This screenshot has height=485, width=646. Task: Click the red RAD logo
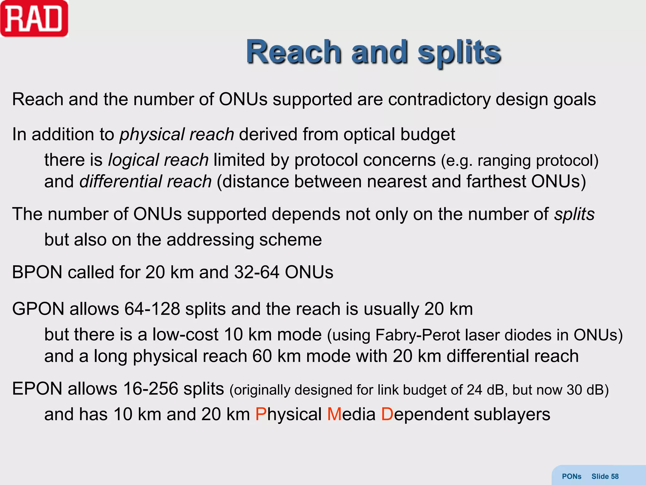[34, 19]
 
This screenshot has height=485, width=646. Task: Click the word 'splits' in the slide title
[459, 52]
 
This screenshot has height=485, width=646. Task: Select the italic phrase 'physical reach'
[177, 135]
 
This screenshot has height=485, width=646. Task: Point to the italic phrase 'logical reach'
[158, 160]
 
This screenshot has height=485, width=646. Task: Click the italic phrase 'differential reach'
[145, 182]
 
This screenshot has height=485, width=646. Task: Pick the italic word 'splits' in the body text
[574, 214]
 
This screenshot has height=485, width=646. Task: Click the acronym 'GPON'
[38, 309]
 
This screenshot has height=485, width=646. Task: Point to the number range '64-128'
[152, 309]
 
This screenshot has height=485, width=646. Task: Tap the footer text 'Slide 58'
[605, 476]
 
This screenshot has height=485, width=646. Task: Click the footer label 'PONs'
[572, 476]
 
